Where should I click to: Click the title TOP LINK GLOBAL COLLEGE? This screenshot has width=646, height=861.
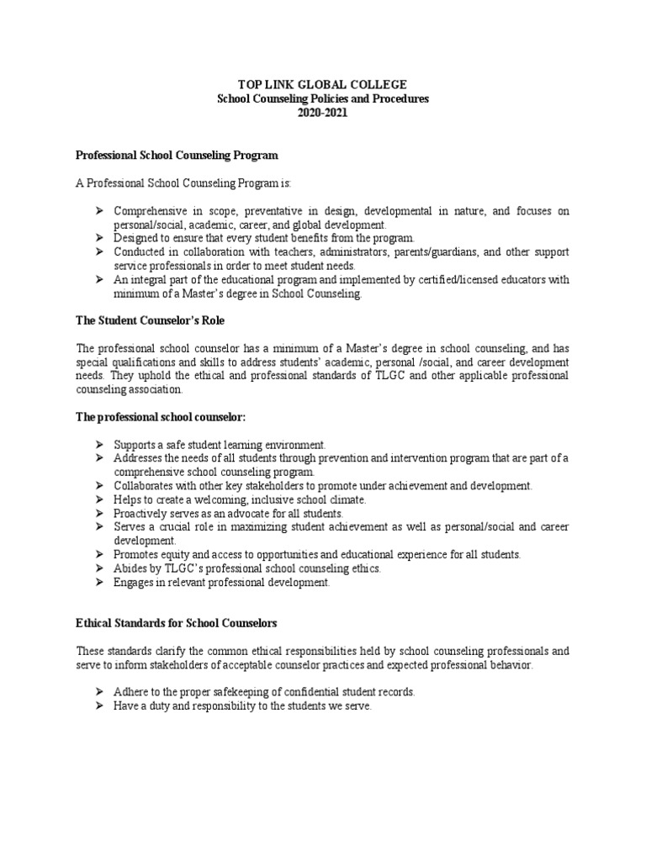tap(322, 85)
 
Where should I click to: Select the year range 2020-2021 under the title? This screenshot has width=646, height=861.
tap(322, 113)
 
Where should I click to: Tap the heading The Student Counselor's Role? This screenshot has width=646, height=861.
tap(151, 322)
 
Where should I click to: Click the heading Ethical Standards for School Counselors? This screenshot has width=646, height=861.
tap(177, 623)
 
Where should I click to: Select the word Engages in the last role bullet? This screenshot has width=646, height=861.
tap(134, 583)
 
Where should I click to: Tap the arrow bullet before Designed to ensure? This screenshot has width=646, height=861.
tap(98, 239)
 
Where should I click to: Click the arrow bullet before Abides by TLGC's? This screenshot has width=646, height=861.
tap(98, 568)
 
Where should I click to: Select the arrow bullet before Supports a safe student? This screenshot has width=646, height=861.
tap(98, 444)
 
